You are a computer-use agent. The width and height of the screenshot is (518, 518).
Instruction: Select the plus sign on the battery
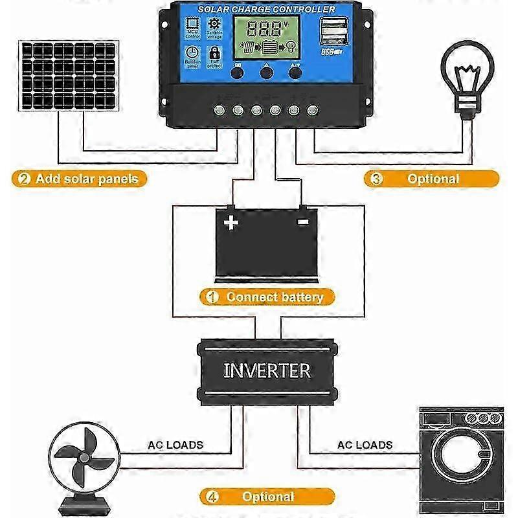point(231,223)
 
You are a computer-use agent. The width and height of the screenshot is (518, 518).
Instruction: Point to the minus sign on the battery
point(302,222)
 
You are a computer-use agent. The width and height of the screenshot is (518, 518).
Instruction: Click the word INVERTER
point(267,371)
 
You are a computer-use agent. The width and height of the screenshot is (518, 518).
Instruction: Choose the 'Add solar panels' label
point(78,179)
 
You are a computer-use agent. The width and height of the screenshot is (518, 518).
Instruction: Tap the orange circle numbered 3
point(374,179)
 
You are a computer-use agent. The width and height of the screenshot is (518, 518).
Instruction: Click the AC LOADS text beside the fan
point(175,445)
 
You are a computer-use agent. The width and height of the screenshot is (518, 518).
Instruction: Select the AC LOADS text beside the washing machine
point(365,445)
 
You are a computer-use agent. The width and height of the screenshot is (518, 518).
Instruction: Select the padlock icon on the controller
point(214,54)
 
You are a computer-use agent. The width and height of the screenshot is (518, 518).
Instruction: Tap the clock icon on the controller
point(192,54)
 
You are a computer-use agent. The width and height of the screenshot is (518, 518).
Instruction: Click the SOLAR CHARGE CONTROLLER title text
point(266,10)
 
